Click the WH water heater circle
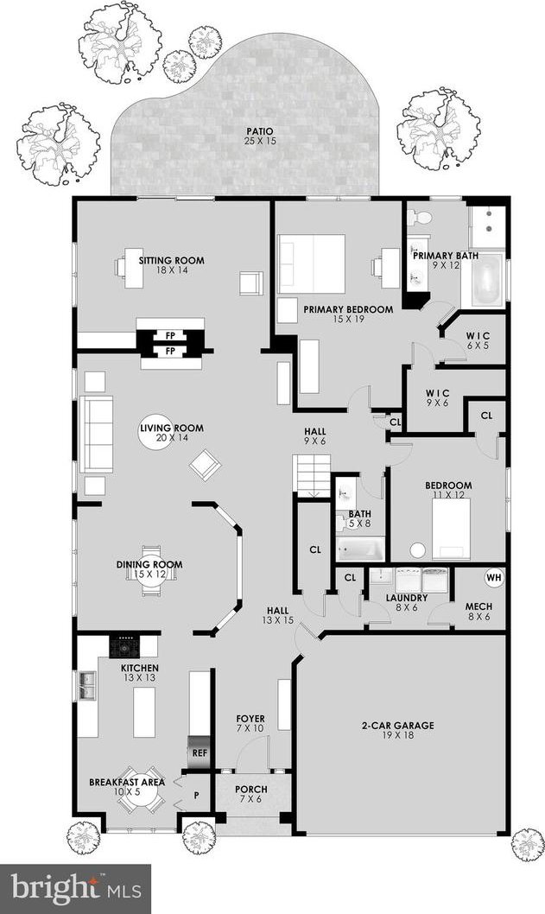point(494,578)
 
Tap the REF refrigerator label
point(200,752)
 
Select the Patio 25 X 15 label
point(259,136)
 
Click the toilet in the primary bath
point(420,218)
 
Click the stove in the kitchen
point(125,646)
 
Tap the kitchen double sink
point(88,686)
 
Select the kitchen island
point(144,712)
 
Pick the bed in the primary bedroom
point(312,263)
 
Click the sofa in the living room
point(97,434)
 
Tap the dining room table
point(150,569)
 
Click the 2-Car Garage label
point(398,730)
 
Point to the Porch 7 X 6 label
point(251,794)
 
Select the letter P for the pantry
point(196,794)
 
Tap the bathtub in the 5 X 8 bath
point(360,549)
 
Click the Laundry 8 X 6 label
point(407,603)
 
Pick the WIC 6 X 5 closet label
point(478,341)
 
